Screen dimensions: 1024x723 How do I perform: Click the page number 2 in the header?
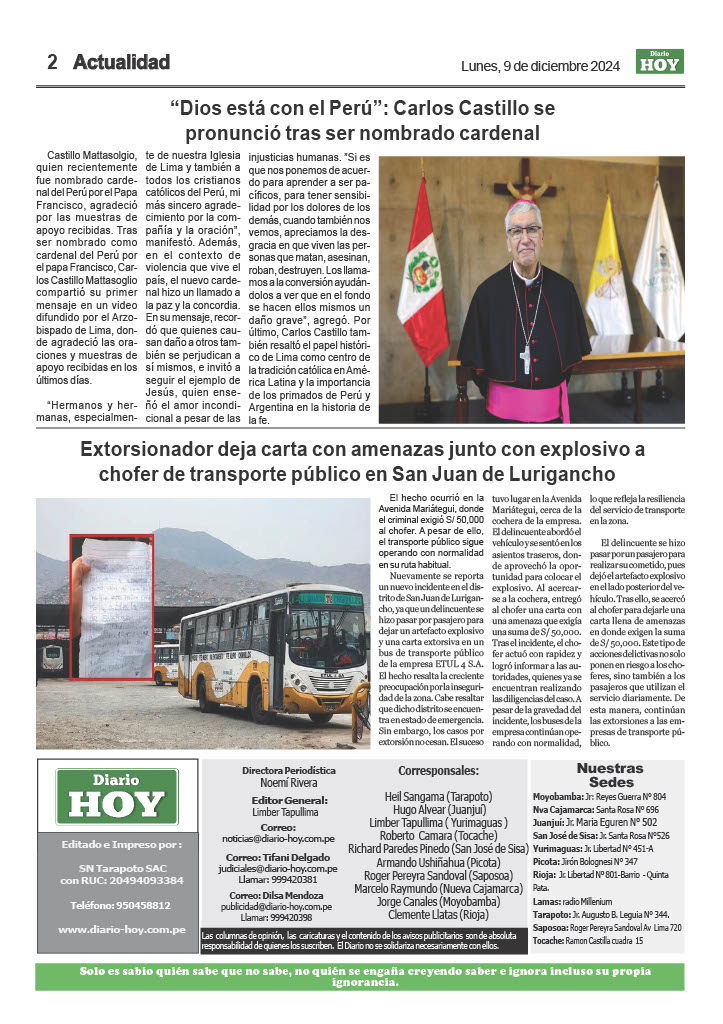pos(53,62)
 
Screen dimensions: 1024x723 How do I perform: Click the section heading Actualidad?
pos(121,62)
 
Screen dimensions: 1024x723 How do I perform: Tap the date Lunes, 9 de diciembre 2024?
pos(539,66)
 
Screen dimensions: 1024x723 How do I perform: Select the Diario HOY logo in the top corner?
pos(659,62)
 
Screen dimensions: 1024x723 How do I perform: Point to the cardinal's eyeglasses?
pos(524,230)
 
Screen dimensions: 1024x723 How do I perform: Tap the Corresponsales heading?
pos(438,771)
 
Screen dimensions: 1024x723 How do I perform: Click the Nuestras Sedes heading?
pos(611,775)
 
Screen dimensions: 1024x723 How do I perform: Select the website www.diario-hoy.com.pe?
pos(121,929)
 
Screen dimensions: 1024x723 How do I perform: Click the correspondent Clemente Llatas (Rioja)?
pos(438,914)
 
